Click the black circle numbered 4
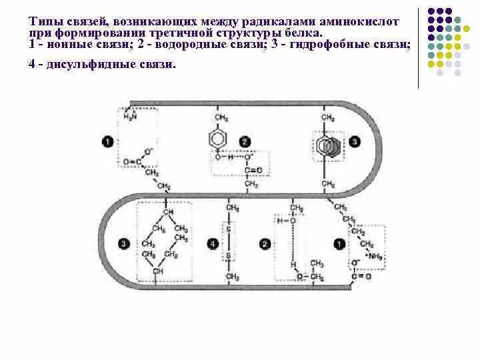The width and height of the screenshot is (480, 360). [213, 245]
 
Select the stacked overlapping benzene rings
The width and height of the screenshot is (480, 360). [328, 145]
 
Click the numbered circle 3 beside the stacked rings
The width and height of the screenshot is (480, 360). [354, 141]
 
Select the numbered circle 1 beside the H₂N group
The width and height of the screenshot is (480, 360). [107, 141]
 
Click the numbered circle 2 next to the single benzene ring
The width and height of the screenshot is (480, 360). [245, 141]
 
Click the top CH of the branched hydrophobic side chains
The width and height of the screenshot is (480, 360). [168, 212]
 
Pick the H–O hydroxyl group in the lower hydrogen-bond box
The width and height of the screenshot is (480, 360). [283, 221]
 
